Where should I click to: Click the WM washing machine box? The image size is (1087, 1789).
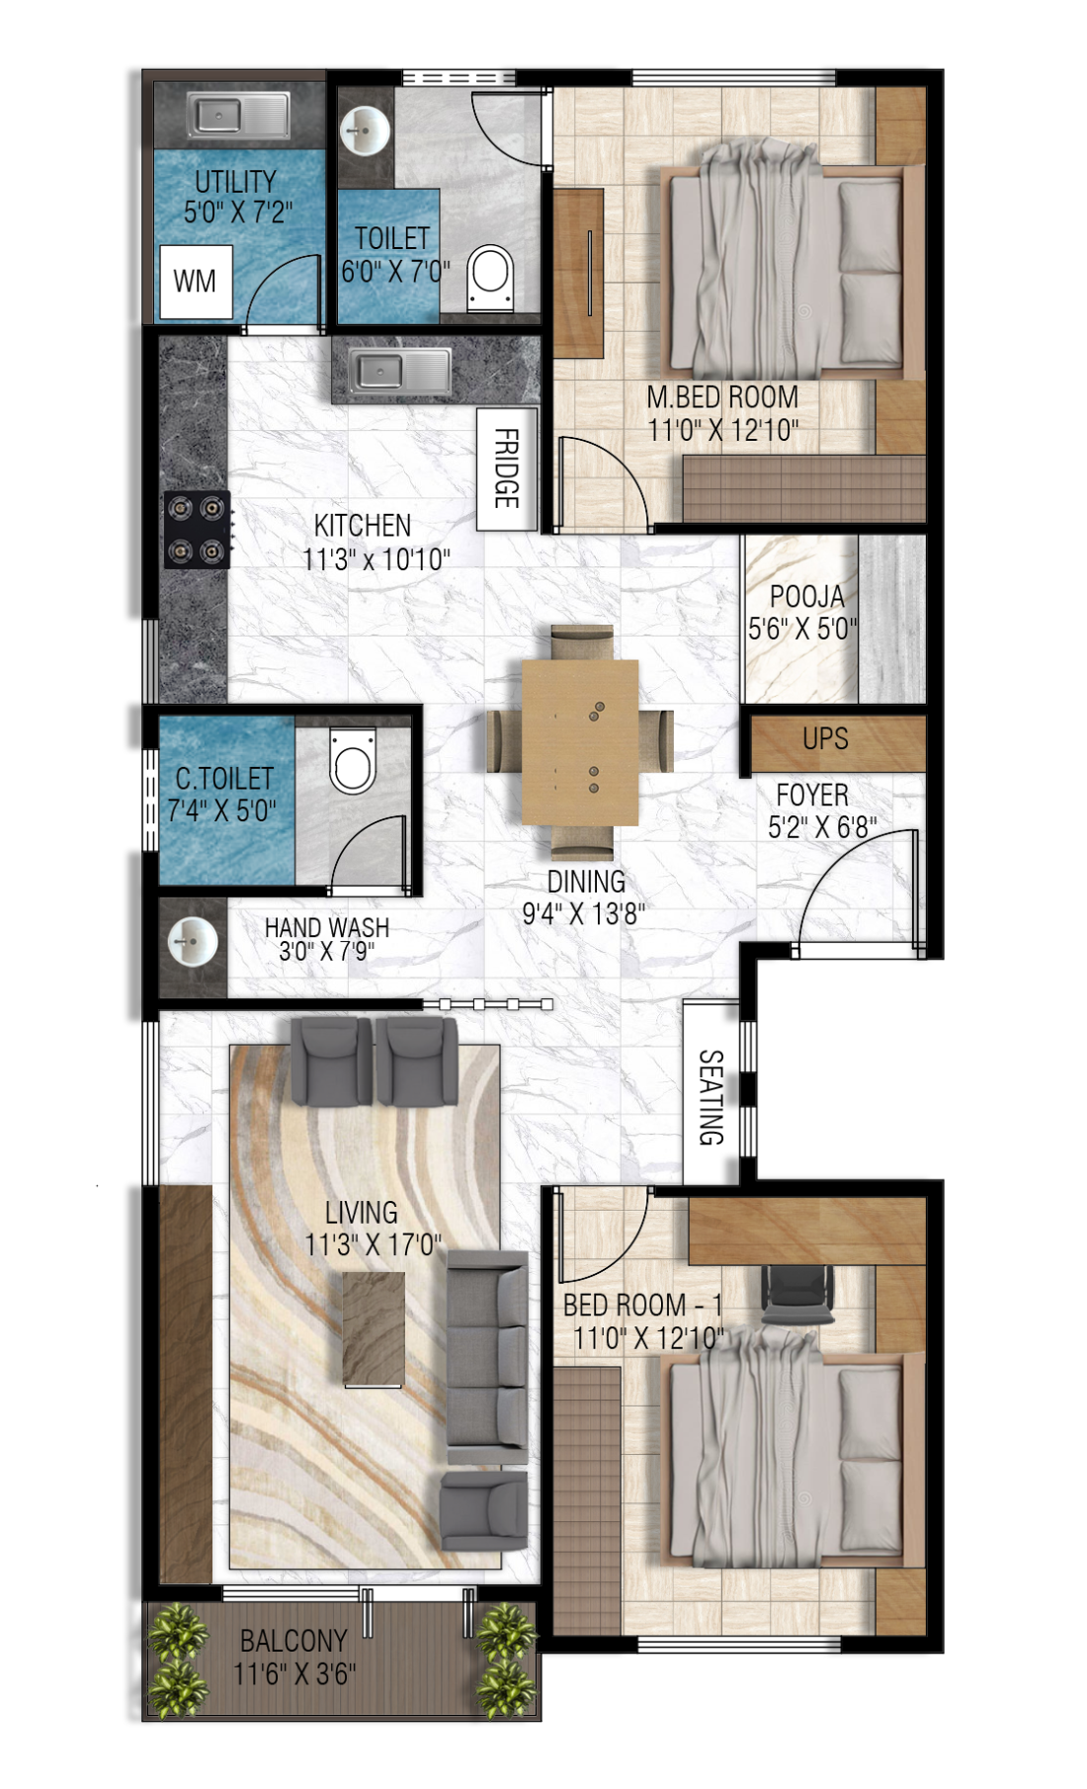point(196,282)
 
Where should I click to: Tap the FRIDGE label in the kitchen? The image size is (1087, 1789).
point(506,469)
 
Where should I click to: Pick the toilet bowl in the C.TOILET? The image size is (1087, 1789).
point(353,760)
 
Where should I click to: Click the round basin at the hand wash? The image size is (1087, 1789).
point(193,942)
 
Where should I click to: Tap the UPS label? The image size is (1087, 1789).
point(825,739)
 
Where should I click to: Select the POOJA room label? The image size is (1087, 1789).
point(806,597)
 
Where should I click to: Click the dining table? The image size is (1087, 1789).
point(580,741)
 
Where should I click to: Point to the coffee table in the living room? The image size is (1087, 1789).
point(375,1329)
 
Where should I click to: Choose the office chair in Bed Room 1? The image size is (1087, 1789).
point(797,1295)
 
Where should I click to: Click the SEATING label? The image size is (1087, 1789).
point(711,1097)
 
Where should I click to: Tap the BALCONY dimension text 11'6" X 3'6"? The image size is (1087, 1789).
point(294,1673)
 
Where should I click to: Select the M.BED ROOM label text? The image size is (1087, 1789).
point(722,397)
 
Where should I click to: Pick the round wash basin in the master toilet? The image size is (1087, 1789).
point(367,130)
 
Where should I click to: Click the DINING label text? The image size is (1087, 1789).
point(586,882)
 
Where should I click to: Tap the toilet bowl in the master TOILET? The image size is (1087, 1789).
point(490,276)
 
